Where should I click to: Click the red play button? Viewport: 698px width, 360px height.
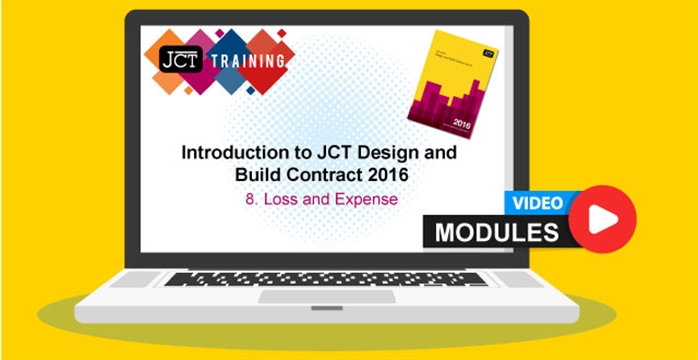point(602,219)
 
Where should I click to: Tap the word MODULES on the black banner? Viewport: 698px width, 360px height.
point(497,232)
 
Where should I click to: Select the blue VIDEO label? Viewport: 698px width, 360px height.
point(538,202)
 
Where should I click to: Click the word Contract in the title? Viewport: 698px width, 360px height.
point(309,176)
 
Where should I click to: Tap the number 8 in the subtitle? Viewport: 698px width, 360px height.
point(250,199)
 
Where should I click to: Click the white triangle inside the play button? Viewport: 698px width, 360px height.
point(604,219)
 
